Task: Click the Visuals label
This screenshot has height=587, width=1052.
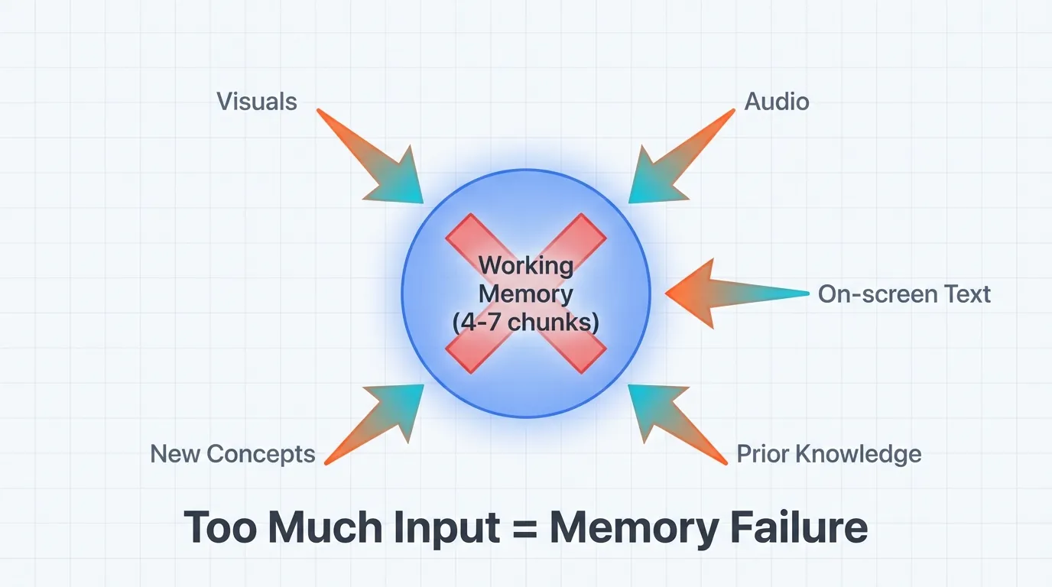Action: tap(257, 102)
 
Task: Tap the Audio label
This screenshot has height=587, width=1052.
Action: tap(777, 102)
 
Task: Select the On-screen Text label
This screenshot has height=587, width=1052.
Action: tap(904, 294)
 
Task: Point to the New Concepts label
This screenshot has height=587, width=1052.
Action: tap(232, 454)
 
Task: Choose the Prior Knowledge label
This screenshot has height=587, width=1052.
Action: tap(829, 454)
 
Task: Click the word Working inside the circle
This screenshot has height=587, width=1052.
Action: tap(526, 266)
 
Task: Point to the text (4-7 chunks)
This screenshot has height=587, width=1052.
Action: tap(526, 322)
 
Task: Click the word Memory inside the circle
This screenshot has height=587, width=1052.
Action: tap(526, 293)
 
